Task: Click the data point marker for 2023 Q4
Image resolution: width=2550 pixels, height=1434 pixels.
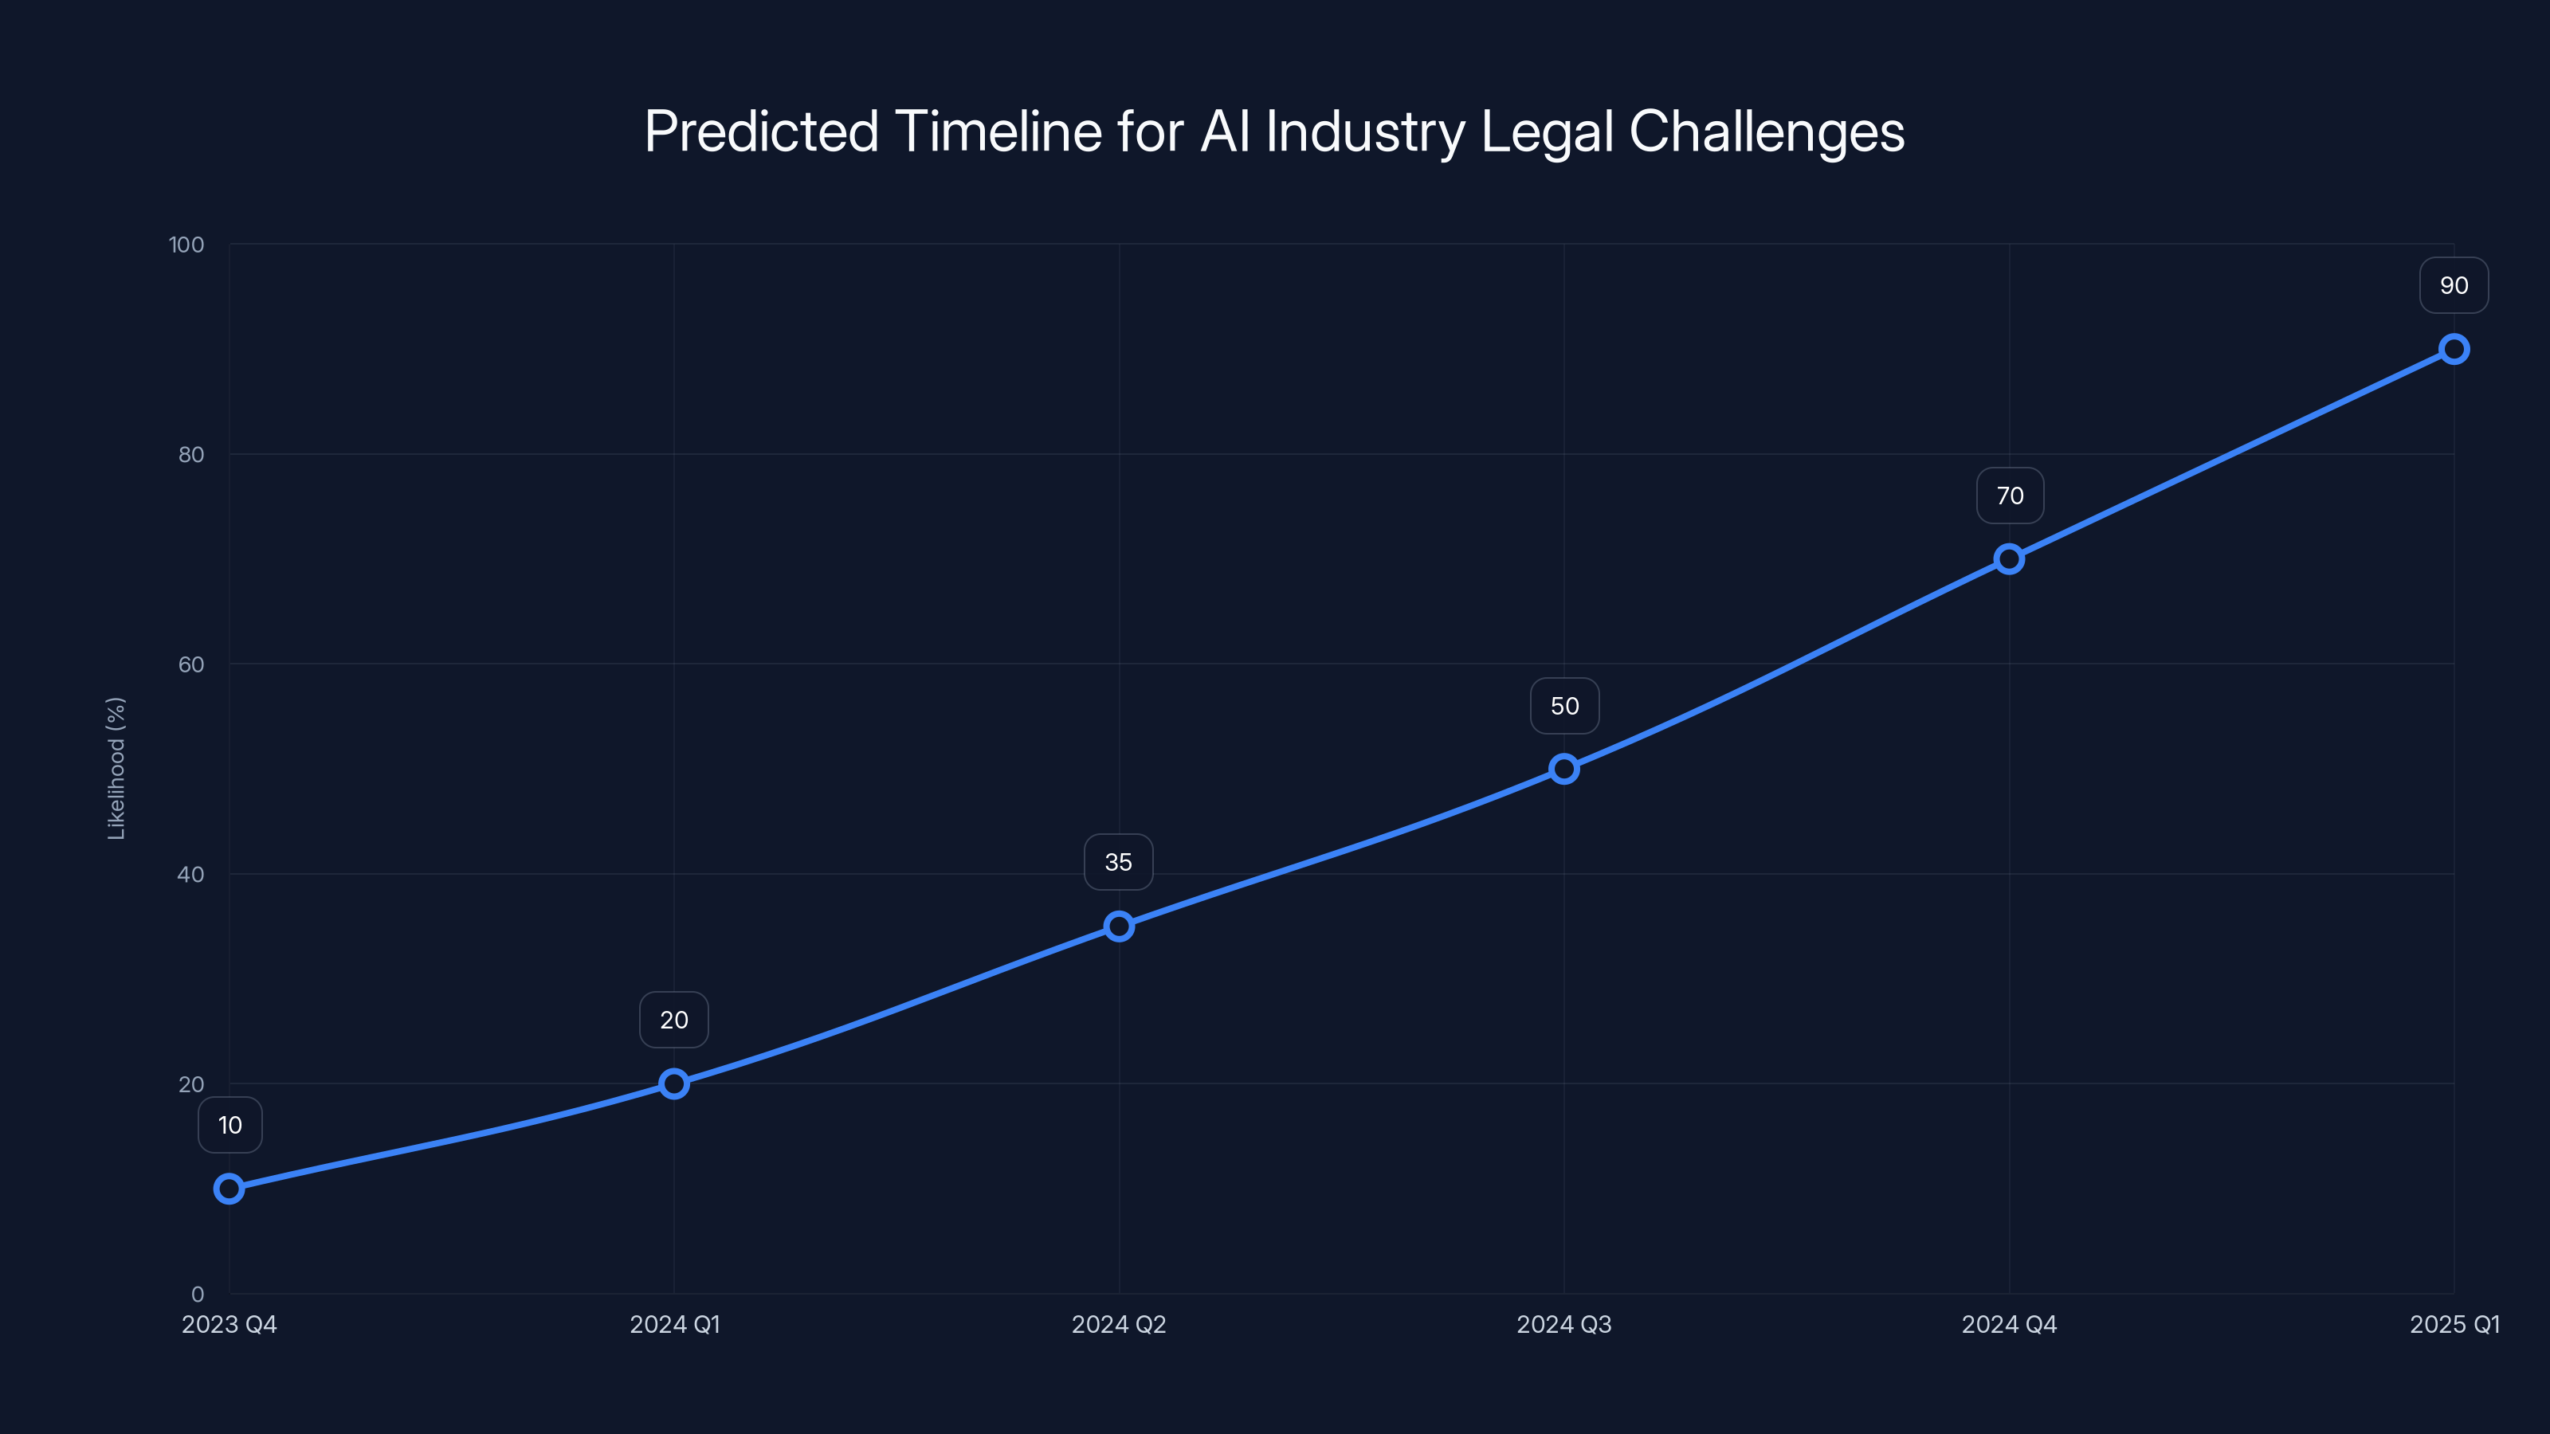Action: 229,1188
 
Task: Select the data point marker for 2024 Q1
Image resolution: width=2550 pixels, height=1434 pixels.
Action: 674,1083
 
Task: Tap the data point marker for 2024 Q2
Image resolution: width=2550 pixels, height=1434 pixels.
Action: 1119,927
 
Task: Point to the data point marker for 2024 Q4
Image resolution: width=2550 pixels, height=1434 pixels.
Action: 2008,559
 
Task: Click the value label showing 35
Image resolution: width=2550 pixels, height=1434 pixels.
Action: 1119,862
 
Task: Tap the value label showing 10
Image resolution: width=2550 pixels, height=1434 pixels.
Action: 229,1125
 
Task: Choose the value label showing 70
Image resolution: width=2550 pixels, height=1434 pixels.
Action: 2010,496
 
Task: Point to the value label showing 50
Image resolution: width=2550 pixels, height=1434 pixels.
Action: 1564,706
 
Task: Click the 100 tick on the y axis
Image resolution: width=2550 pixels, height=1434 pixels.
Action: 186,245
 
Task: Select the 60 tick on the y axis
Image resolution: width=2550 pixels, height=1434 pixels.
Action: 191,664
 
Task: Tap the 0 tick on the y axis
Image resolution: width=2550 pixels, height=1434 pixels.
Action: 197,1294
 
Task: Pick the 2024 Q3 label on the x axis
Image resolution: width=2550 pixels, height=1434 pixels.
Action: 1564,1324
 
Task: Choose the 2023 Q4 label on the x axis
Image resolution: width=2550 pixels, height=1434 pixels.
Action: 229,1324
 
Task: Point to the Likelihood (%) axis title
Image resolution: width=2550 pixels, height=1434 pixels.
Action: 116,769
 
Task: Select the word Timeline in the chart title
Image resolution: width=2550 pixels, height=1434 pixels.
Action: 998,131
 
